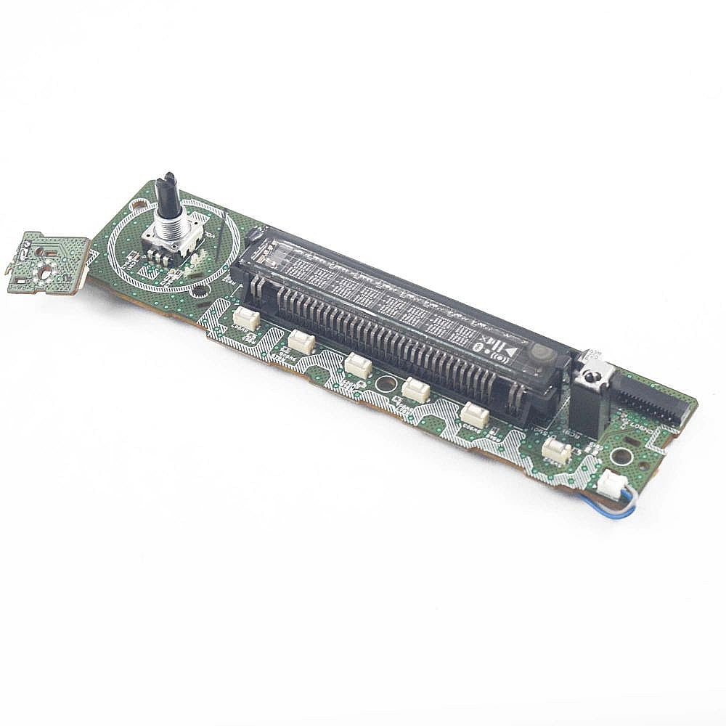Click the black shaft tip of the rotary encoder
tap(170, 181)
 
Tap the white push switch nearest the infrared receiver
tap(557, 450)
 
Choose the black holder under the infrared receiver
tap(585, 410)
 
